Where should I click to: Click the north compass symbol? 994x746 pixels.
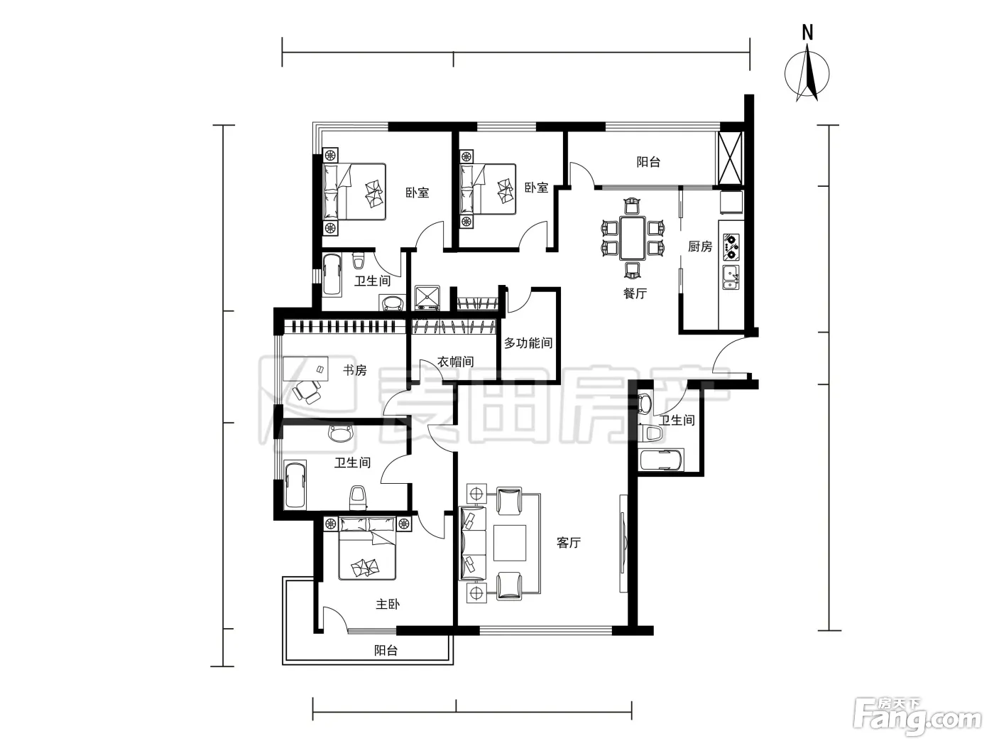[807, 75]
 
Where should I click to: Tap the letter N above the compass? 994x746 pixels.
[807, 32]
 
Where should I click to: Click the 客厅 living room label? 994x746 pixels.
[568, 543]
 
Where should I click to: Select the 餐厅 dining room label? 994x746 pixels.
[635, 293]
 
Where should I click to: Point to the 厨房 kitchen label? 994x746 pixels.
[700, 247]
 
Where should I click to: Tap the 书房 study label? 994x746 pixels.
[354, 370]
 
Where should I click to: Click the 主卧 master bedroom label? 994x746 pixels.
[388, 604]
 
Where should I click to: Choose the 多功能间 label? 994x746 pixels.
[528, 343]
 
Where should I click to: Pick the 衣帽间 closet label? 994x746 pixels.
[456, 362]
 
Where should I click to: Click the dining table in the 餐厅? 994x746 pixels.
[632, 238]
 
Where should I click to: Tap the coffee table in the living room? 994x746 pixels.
[510, 543]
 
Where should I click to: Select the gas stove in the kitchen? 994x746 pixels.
[731, 247]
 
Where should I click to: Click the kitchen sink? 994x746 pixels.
[731, 278]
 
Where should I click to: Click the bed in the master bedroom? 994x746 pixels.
[367, 548]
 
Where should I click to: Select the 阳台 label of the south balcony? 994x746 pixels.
[386, 651]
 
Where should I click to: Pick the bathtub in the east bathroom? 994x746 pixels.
[661, 460]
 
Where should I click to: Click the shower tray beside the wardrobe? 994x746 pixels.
[427, 297]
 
